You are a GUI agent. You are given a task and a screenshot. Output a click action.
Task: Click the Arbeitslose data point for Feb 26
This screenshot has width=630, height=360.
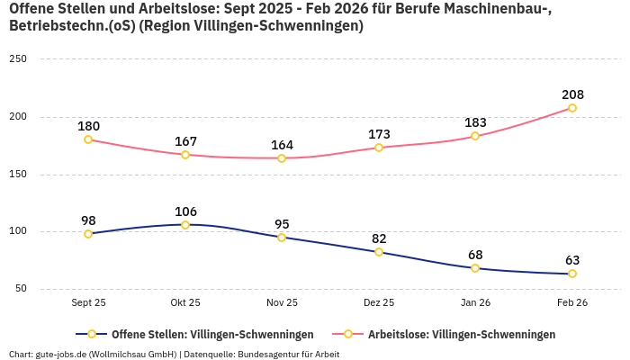(x=571, y=108)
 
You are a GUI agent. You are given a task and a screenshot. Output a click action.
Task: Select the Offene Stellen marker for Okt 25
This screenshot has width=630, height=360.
(x=185, y=225)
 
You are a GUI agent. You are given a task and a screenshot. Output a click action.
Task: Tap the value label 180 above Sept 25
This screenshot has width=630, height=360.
(x=88, y=126)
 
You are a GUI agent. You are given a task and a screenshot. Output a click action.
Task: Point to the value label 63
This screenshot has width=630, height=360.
(x=571, y=260)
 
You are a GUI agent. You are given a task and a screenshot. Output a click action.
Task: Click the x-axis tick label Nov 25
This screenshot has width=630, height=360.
(x=282, y=303)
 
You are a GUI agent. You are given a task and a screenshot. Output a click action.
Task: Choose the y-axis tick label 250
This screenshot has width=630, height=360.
(x=18, y=59)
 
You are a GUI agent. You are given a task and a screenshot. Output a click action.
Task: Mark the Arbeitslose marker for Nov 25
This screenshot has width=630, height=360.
(x=282, y=158)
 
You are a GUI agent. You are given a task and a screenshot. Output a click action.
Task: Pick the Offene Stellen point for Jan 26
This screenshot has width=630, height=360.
(x=475, y=268)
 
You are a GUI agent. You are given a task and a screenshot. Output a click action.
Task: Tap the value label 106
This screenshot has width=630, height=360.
(x=185, y=211)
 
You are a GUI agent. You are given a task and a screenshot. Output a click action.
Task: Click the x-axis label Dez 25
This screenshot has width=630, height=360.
(x=379, y=303)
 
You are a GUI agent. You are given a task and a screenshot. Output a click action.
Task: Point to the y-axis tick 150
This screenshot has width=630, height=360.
(x=18, y=175)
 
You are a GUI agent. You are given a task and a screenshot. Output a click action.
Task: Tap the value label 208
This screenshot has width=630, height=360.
(x=571, y=94)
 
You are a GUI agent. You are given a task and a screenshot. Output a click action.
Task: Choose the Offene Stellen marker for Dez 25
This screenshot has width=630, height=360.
(x=379, y=252)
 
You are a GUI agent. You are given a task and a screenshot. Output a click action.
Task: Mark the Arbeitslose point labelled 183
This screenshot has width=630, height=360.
(x=475, y=136)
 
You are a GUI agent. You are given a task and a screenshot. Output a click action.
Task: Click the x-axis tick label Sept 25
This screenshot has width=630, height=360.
(x=88, y=303)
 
